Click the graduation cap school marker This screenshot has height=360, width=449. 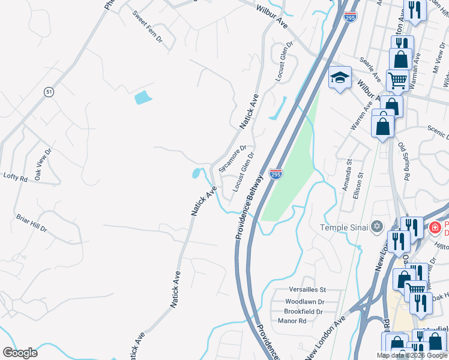point(340,78)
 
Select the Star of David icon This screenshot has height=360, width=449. point(377,226)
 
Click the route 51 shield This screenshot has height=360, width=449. point(49,91)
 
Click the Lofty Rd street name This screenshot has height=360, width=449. point(16,178)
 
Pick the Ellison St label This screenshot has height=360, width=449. point(361,183)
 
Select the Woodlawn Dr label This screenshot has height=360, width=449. point(305,301)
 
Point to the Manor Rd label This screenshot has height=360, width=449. point(292,322)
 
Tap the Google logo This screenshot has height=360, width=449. point(20,352)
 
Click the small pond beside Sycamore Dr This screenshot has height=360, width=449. point(196,174)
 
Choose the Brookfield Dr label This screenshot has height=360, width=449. point(304,311)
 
